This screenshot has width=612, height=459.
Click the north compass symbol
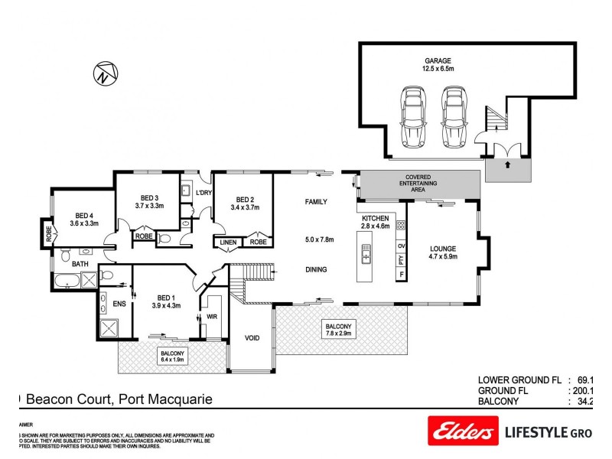(x=106, y=73)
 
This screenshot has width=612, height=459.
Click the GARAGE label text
(x=438, y=60)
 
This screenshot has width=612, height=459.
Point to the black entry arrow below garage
(x=507, y=163)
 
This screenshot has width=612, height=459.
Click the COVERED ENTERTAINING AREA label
(x=420, y=184)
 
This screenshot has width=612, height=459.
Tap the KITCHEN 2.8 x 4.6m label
(x=376, y=222)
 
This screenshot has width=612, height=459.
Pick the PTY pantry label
(x=401, y=259)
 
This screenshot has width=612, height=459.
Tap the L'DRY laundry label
(x=203, y=192)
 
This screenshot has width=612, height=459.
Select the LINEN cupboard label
(x=229, y=242)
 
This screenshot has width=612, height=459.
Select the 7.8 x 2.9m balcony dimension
(x=337, y=334)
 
